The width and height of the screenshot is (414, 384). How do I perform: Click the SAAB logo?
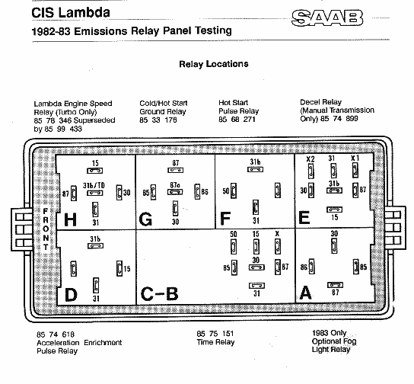click(327, 18)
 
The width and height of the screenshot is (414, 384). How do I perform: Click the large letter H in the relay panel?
click(70, 220)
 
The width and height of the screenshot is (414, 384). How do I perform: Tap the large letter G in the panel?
click(145, 219)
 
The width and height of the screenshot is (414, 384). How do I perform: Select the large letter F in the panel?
click(225, 219)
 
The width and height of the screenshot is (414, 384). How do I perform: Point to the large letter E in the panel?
click(304, 218)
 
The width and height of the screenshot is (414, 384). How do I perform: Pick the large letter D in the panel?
click(71, 295)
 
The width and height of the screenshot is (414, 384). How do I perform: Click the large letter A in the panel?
click(305, 293)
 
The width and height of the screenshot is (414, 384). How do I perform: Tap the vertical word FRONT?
click(46, 229)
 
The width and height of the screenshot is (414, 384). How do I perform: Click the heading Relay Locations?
click(214, 64)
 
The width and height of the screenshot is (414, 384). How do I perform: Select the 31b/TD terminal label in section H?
click(94, 186)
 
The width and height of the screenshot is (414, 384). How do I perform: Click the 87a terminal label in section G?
click(175, 185)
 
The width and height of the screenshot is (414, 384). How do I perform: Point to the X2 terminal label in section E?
click(310, 159)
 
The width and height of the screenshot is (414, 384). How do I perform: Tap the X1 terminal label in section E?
click(355, 158)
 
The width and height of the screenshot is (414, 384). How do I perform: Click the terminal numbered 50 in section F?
click(234, 190)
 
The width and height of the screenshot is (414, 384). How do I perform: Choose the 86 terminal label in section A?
click(304, 267)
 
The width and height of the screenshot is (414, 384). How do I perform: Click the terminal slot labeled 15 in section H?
click(95, 171)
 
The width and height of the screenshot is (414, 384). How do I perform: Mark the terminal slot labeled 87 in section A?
click(336, 285)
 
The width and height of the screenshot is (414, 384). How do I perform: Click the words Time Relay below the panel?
click(215, 342)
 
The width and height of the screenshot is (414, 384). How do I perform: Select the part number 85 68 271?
click(237, 120)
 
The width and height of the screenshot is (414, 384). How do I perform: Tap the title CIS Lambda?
click(71, 13)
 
